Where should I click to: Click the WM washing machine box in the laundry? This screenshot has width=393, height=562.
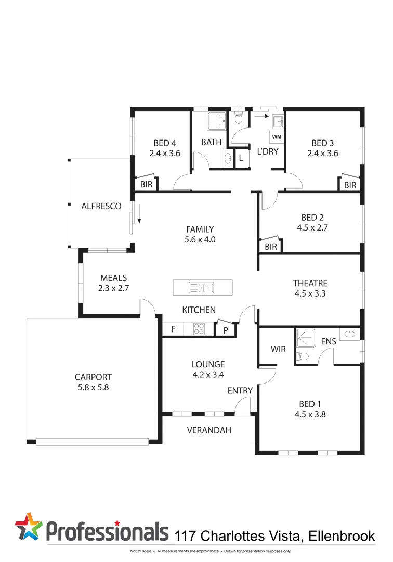(277, 137)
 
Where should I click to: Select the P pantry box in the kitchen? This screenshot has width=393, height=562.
(226, 329)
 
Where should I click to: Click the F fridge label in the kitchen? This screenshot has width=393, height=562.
(173, 329)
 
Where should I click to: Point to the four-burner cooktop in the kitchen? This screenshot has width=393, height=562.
(199, 329)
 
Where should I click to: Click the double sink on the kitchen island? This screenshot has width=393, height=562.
(202, 287)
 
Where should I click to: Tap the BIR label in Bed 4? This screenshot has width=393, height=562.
(146, 184)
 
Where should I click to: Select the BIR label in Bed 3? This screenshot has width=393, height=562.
(350, 185)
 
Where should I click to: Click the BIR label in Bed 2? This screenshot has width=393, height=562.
(271, 247)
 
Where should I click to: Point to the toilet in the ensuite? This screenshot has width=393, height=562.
(303, 356)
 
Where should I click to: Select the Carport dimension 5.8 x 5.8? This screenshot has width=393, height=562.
(93, 387)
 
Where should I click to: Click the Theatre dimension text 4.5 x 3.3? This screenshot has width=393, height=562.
(310, 293)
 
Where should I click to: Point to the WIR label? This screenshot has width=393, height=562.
(278, 349)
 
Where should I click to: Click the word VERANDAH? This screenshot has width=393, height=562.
(209, 430)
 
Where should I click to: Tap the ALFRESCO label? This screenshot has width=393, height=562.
(101, 206)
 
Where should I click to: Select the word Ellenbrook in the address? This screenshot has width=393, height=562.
(342, 535)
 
